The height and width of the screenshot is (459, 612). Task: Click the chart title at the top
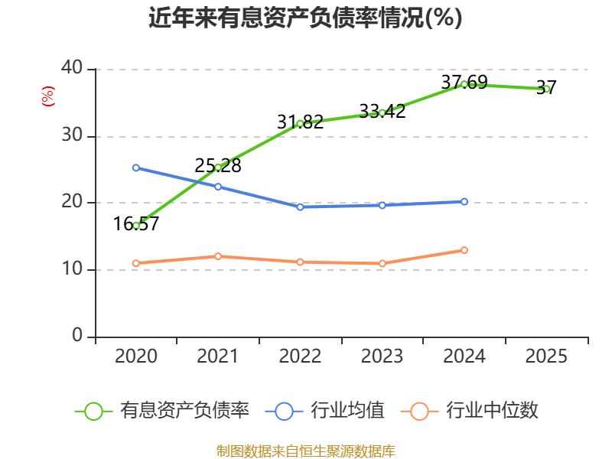click(305, 18)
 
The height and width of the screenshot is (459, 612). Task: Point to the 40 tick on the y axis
click(72, 67)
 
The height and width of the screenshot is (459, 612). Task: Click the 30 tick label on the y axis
click(72, 135)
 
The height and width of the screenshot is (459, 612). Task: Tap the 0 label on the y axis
click(77, 335)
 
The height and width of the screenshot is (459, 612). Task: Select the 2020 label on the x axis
click(136, 356)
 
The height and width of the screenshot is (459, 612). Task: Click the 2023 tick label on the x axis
click(382, 356)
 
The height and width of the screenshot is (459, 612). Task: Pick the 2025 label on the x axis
click(546, 356)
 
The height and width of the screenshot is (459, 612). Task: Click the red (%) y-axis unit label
click(48, 96)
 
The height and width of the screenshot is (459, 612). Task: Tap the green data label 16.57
click(136, 224)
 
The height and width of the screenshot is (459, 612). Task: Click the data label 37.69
click(464, 83)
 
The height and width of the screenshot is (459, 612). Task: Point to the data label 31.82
click(300, 122)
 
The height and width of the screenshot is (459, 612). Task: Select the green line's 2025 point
click(546, 89)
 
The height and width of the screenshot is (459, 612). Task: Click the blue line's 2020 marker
click(136, 168)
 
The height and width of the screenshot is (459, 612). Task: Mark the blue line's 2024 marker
click(464, 202)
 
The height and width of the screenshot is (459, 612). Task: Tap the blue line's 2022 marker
click(300, 207)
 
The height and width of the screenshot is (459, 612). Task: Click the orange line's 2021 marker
click(218, 256)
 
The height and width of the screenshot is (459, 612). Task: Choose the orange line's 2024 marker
click(464, 250)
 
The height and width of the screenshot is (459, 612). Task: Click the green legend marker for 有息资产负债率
click(93, 412)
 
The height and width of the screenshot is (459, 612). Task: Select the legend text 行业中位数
click(492, 411)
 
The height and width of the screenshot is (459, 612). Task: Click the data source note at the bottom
click(305, 451)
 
